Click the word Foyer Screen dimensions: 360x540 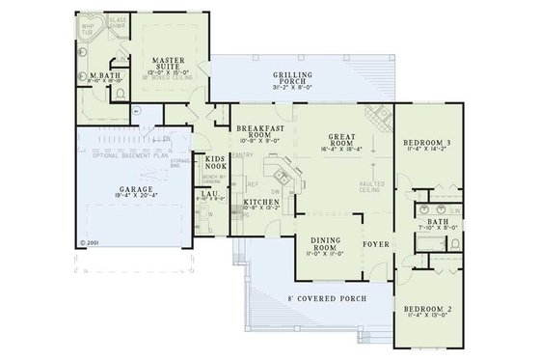coord(375,244)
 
